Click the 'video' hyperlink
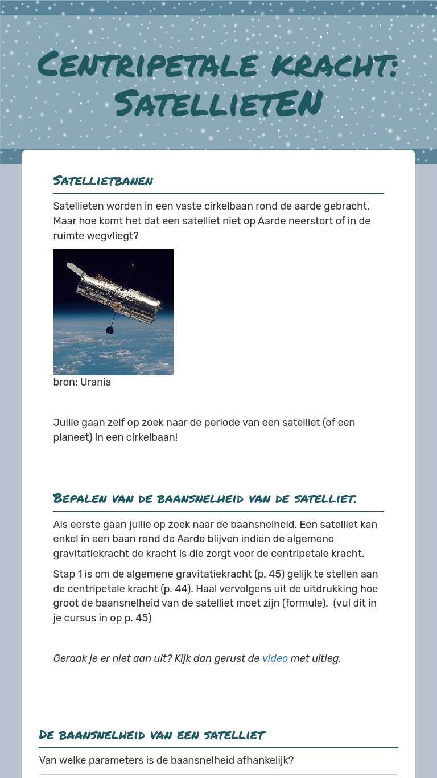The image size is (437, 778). tap(275, 658)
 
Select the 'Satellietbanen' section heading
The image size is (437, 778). tap(103, 181)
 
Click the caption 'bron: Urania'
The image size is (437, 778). tap(82, 382)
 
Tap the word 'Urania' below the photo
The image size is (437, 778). tap(96, 382)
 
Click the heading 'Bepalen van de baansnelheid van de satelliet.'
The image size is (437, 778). tap(205, 499)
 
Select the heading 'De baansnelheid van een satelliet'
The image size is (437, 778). tap(152, 735)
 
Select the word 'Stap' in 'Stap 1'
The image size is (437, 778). tap(64, 574)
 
